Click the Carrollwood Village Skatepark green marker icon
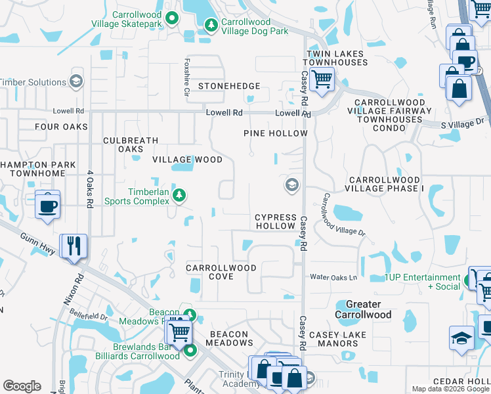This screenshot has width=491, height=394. tap(172, 18)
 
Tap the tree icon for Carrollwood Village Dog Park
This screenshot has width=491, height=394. tap(211, 26)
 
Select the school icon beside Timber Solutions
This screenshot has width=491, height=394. tap(76, 81)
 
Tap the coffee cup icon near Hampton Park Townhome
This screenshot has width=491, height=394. tap(47, 206)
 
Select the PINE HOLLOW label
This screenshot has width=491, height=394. tap(275, 133)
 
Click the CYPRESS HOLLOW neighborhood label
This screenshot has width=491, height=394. tap(275, 221)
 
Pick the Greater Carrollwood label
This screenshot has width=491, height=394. tap(363, 309)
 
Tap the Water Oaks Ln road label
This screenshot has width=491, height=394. tap(333, 277)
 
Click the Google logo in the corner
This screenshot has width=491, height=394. tap(22, 386)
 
